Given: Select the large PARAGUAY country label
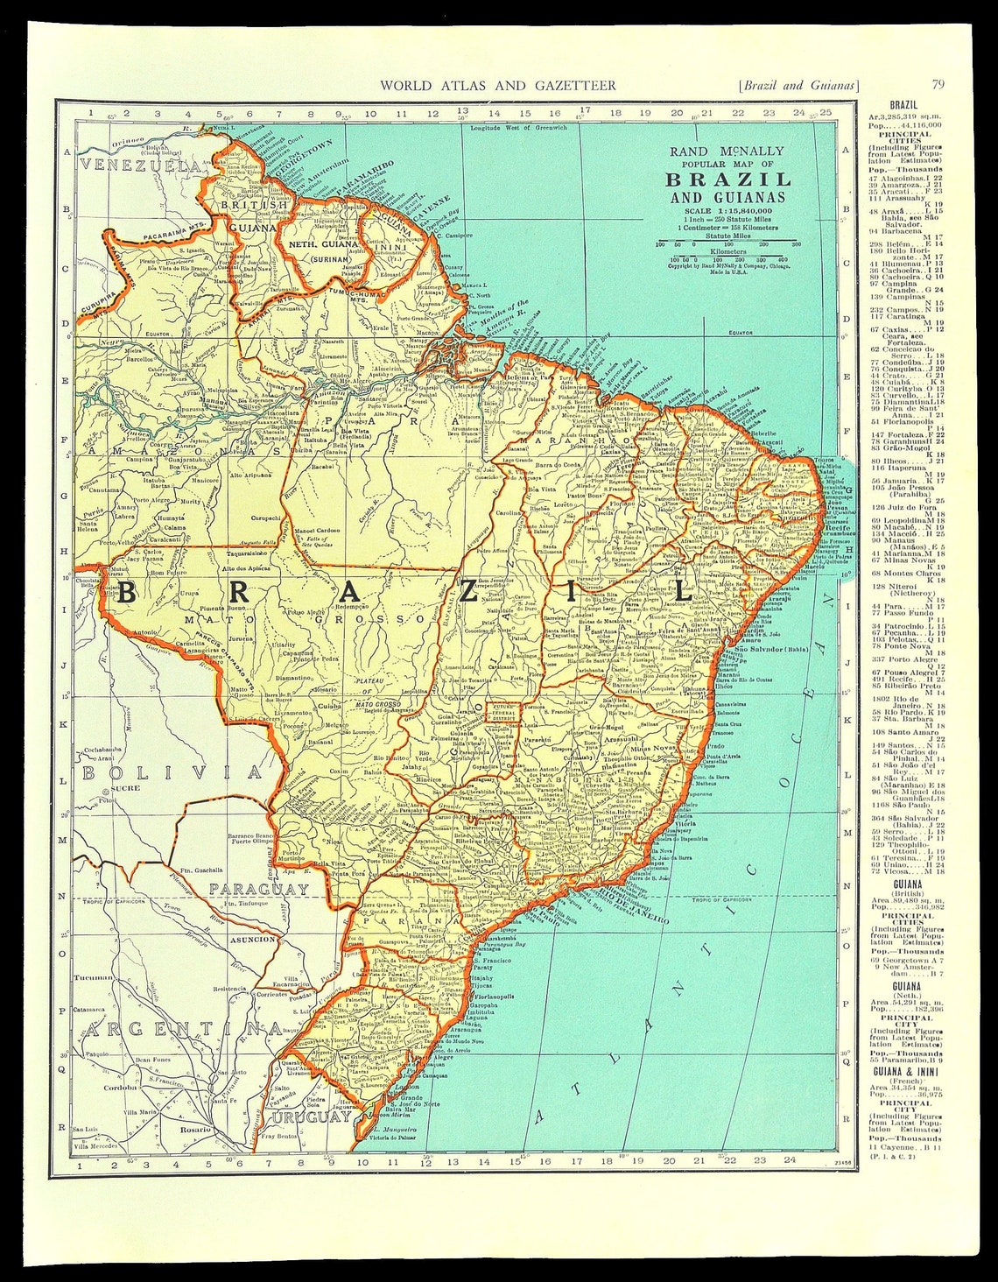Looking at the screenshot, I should pos(259,890).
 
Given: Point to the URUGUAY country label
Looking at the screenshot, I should pos(311,1118).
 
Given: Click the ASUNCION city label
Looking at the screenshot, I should pos(251,940).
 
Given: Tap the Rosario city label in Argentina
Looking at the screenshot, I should pos(195,1130).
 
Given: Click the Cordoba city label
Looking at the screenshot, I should pos(119,1087).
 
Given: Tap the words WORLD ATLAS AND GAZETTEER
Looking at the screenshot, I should pos(497,85).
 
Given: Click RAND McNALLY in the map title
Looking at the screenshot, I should pos(727,151).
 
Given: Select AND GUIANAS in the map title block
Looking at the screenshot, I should pos(727,197).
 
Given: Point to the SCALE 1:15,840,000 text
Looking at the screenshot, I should pos(727,211).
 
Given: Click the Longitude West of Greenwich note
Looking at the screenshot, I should pos(519,128).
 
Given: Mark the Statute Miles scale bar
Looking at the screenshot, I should pos(727,243).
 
